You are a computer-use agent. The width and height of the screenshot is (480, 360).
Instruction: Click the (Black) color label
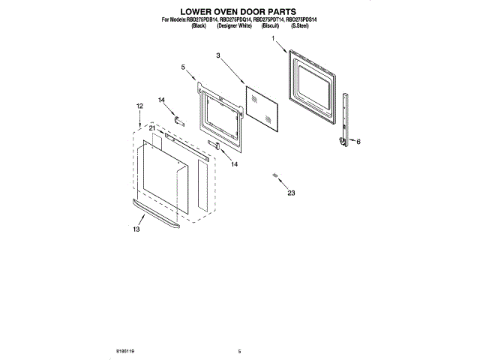(x=199, y=25)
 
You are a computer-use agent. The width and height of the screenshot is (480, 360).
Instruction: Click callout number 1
(x=274, y=37)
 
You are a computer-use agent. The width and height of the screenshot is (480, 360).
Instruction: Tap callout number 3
(x=218, y=55)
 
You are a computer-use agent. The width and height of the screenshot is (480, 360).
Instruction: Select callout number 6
(x=358, y=142)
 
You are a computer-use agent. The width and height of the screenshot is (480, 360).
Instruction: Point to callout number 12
(x=139, y=106)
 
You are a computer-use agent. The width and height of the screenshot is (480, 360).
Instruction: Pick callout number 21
(x=152, y=129)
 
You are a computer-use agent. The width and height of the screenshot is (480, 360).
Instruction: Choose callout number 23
(x=291, y=193)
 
